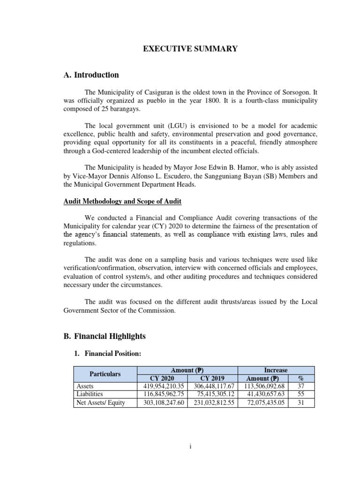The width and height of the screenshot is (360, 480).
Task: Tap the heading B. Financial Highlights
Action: point(105,336)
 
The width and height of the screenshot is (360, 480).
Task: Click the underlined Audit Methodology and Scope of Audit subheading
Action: point(122,201)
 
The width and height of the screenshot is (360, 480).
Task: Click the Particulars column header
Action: point(105,374)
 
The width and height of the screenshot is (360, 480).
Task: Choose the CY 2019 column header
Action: point(213,378)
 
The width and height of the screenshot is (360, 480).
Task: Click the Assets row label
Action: point(85,386)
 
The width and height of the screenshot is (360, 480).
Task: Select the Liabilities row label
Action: point(89,394)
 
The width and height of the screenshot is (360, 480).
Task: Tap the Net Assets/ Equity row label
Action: point(100,403)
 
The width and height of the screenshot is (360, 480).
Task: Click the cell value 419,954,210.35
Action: point(162,386)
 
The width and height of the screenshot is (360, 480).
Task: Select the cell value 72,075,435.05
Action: point(266,403)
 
